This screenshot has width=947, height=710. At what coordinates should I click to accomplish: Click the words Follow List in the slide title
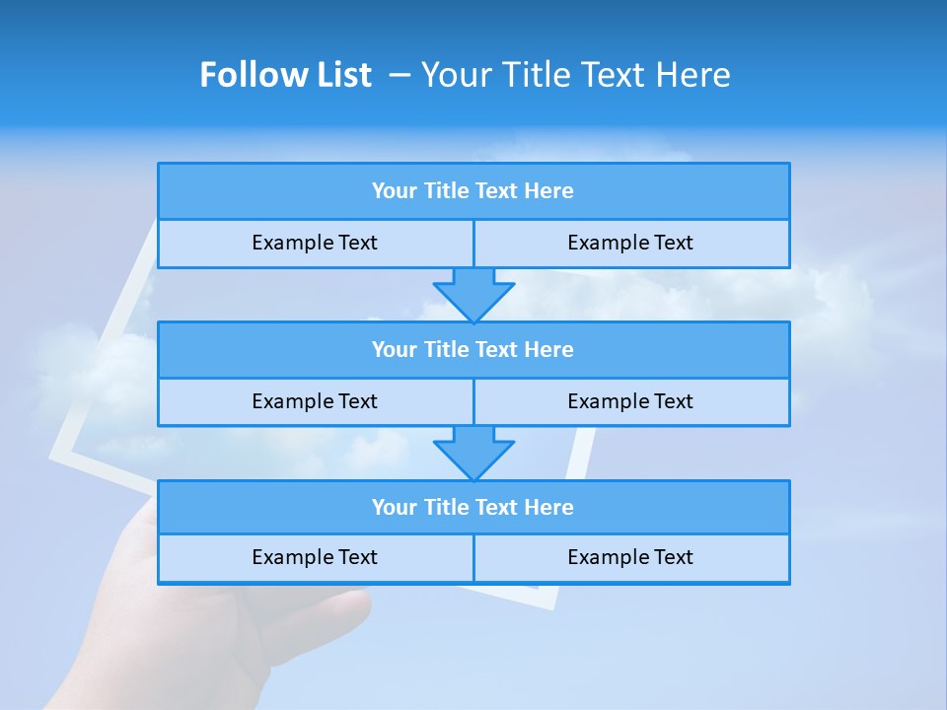285,75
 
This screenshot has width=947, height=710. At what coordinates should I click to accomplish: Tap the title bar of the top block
473,191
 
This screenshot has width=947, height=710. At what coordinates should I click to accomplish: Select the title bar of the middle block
473,349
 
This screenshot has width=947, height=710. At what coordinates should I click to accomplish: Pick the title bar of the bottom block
473,507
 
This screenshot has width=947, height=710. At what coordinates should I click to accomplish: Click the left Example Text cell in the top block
315,243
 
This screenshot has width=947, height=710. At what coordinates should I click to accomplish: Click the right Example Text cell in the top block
630,243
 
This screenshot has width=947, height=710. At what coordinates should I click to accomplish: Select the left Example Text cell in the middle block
315,401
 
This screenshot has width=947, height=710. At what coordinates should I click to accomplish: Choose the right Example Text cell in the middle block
630,401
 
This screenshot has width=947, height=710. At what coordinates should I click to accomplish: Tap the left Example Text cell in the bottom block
315,557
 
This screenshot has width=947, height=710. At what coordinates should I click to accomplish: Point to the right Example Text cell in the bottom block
630,557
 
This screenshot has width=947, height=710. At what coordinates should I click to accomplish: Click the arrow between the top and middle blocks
473,293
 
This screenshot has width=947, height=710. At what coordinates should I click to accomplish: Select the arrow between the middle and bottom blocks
473,452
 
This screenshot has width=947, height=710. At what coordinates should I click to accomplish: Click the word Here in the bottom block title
548,507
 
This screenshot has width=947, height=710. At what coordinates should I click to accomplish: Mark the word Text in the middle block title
497,349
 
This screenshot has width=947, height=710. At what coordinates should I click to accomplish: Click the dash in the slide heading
400,75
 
